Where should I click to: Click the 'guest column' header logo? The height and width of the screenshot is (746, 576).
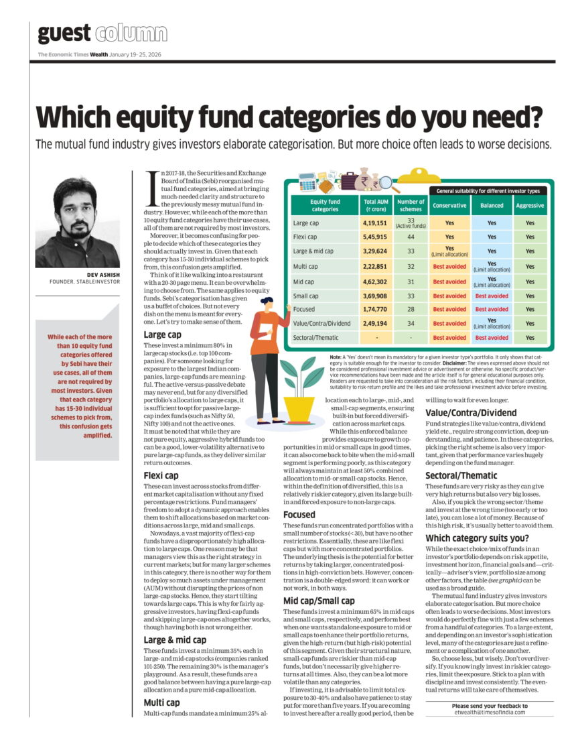pyautogui.click(x=102, y=32)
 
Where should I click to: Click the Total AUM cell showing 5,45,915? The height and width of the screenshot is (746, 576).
pyautogui.click(x=376, y=237)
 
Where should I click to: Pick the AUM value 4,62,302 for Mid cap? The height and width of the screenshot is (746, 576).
pyautogui.click(x=376, y=281)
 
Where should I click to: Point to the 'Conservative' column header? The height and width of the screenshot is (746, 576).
pyautogui.click(x=449, y=205)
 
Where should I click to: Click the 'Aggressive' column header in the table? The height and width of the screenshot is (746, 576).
pyautogui.click(x=530, y=205)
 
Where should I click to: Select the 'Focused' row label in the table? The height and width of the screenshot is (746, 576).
pyautogui.click(x=304, y=310)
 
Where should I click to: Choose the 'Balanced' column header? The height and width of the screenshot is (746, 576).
pyautogui.click(x=492, y=205)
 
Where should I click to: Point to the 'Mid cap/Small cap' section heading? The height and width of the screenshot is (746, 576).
pyautogui.click(x=317, y=600)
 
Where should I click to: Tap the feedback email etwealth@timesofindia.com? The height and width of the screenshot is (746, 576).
pyautogui.click(x=489, y=712)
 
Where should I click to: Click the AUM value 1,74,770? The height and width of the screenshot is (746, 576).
pyautogui.click(x=376, y=310)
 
